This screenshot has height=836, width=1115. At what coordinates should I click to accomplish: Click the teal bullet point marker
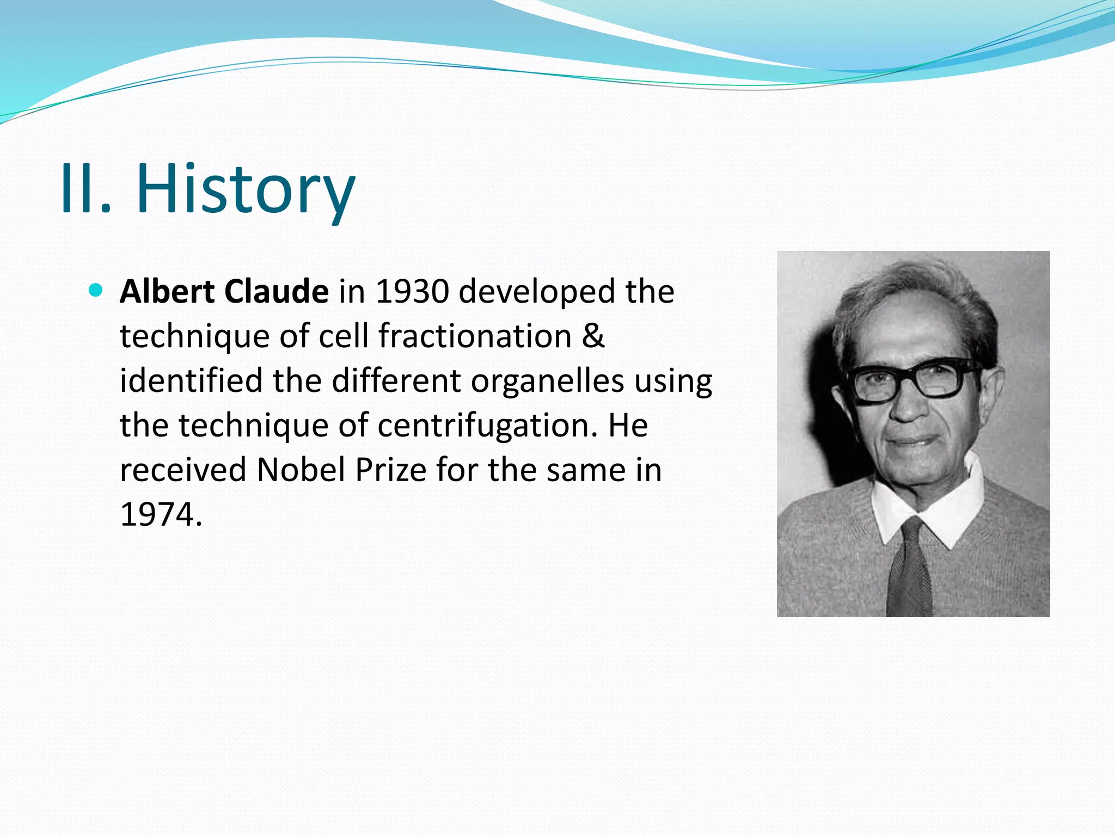pos(95,290)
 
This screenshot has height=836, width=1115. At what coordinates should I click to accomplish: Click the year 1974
pos(156,514)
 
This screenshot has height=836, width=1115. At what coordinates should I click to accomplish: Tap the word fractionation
pos(475,336)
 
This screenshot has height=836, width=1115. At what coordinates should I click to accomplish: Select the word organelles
pos(547,380)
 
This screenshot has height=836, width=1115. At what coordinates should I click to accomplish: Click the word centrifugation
pos(484,425)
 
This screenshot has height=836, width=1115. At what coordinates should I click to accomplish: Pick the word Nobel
pos(301,470)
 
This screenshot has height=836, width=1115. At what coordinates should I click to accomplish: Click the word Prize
pos(390,470)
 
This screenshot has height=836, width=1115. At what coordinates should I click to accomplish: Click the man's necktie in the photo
pos(910,566)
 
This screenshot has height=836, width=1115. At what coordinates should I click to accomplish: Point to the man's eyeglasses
pos(915,378)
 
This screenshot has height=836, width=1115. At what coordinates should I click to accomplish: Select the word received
pos(183,470)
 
